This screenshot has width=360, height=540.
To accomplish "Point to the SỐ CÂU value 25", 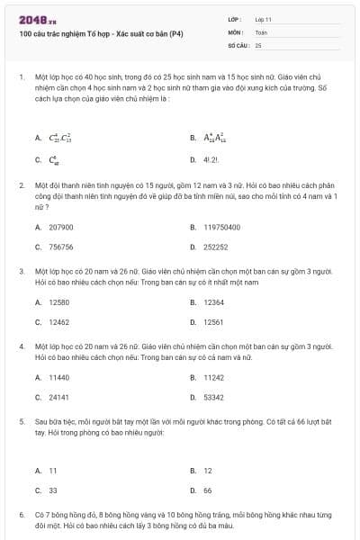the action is coord(258,44).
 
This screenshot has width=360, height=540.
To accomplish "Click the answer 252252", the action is coord(215,246).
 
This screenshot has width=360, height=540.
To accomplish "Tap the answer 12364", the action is coord(214,302).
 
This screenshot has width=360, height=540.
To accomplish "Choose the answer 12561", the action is coord(214,321).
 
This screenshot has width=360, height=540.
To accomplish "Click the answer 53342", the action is coord(214,396).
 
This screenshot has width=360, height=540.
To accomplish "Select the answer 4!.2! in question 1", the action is coord(212,158).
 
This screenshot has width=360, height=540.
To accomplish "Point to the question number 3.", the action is coord(21,270).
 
